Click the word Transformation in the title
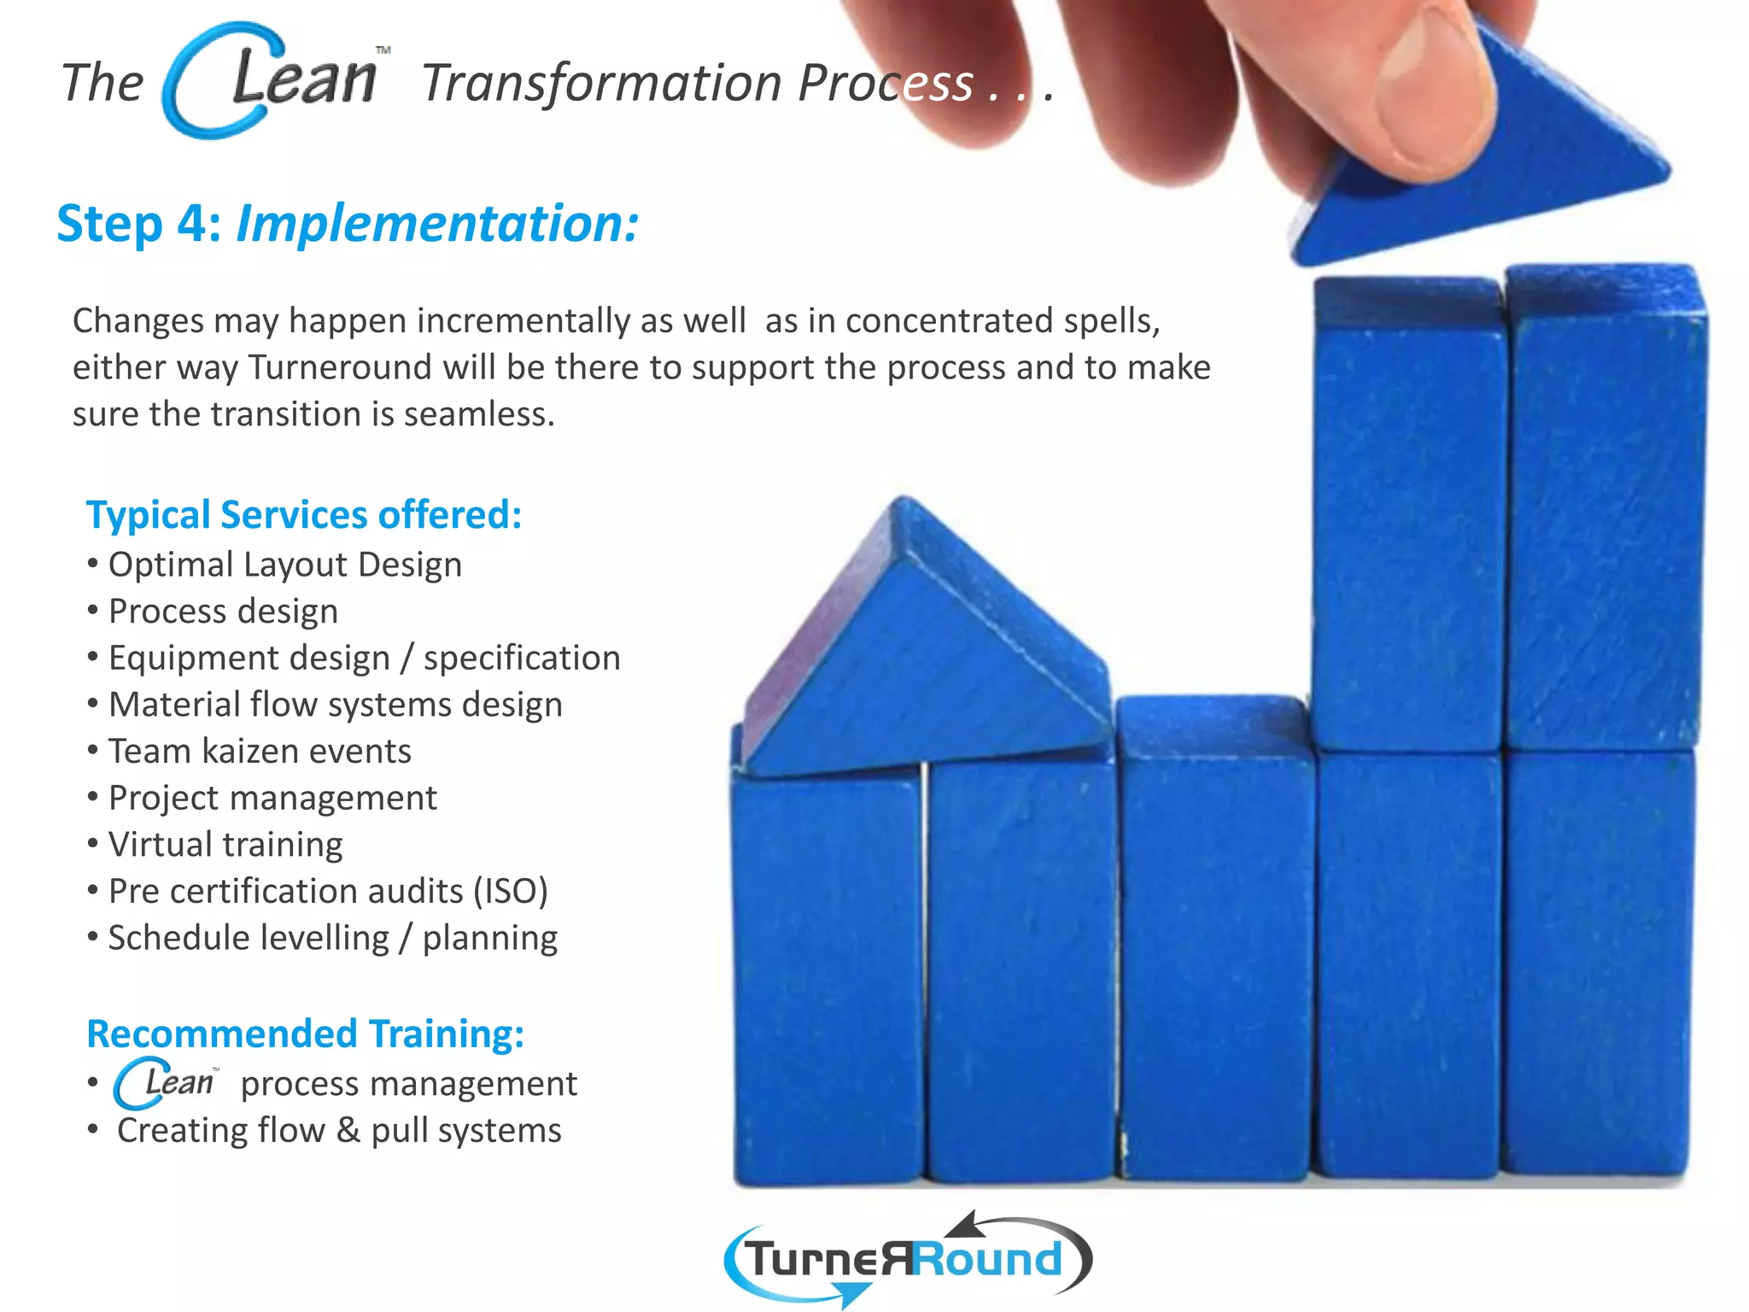(602, 84)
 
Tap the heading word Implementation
(436, 224)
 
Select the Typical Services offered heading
(304, 515)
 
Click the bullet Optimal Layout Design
(284, 565)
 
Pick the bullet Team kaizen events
(260, 752)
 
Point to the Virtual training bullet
(225, 845)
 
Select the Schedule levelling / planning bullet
(332, 938)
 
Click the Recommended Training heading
(306, 1034)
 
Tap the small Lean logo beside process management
(167, 1083)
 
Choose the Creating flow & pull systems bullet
(339, 1131)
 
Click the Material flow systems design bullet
(335, 705)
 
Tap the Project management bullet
(272, 798)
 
